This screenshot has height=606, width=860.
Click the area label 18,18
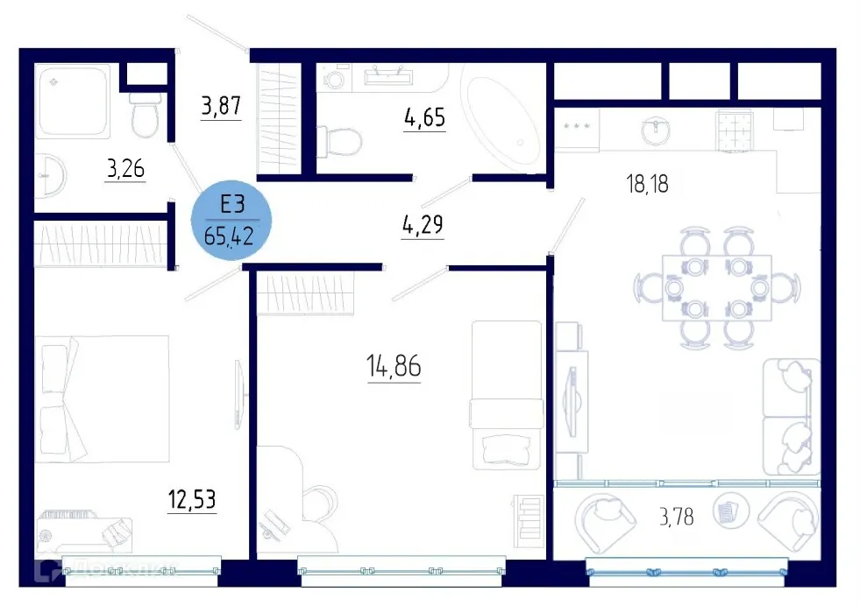coord(649,185)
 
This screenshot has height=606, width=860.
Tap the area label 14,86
coord(394,367)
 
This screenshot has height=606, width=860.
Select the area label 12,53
coord(192,500)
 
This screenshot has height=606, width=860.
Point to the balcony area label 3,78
coord(676,517)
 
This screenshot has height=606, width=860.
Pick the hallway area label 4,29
coord(423,225)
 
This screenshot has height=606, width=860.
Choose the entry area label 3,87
coord(221,107)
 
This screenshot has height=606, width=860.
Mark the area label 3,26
coord(125,167)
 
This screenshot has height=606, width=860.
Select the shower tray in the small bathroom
coord(74,100)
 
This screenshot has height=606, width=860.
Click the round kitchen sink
coord(653,131)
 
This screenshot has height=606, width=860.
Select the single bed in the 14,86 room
coord(506,394)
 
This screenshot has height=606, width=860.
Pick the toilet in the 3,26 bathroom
coord(145,115)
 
